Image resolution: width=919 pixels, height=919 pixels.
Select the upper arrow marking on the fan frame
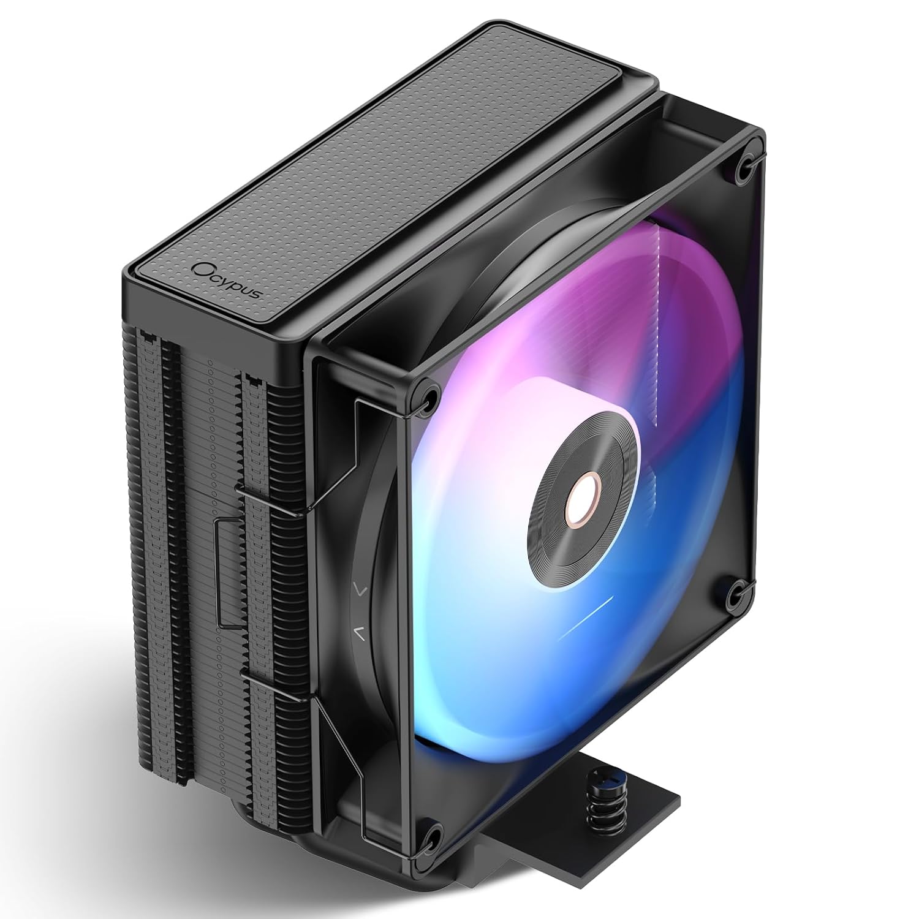pyautogui.click(x=360, y=591)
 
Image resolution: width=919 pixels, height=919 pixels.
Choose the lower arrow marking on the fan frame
pyautogui.click(x=360, y=633)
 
